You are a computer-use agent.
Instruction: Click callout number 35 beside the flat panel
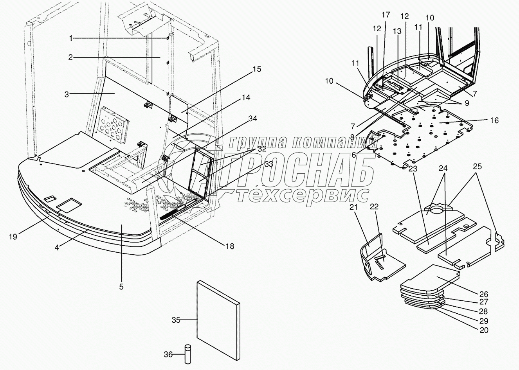click(x=176, y=320)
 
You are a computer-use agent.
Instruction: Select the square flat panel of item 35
click(x=218, y=321)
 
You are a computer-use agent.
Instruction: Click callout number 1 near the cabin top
click(x=71, y=38)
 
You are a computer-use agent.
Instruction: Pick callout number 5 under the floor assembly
click(x=121, y=287)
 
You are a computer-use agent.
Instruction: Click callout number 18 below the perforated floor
click(x=229, y=246)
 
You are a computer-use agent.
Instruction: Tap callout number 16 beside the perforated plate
click(x=494, y=120)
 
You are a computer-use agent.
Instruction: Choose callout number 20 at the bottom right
click(x=484, y=330)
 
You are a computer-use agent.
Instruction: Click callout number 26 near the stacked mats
click(x=484, y=294)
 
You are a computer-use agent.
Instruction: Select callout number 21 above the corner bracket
click(x=354, y=207)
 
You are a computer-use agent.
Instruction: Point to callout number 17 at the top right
click(x=386, y=15)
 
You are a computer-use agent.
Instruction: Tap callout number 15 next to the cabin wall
click(x=256, y=70)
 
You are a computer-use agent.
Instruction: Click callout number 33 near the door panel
click(x=268, y=165)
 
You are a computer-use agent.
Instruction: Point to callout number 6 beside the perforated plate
click(x=354, y=155)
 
